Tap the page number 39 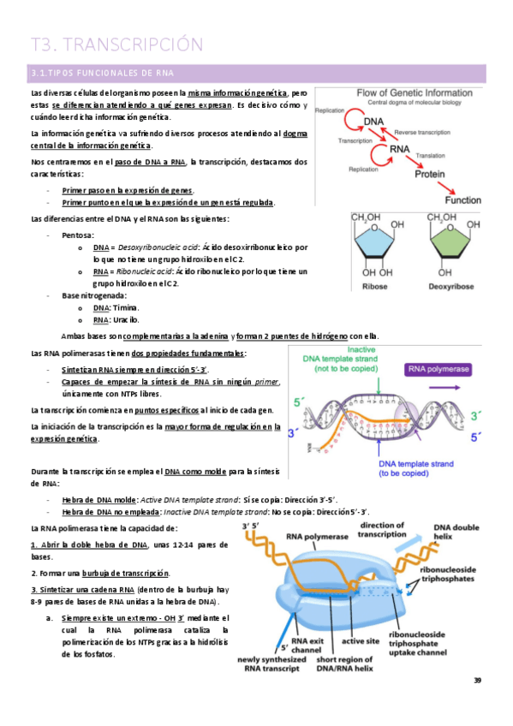[478, 681]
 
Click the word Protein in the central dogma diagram [430, 174]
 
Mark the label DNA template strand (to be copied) [419, 469]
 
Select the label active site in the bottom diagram [361, 640]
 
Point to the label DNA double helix [456, 533]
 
